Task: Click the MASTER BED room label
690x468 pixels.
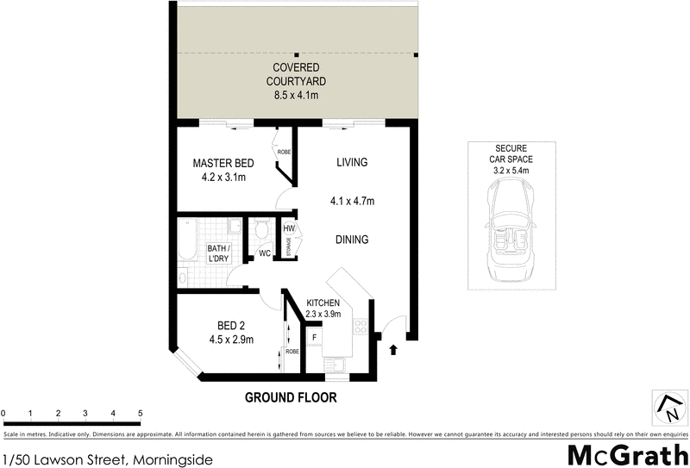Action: click(x=223, y=163)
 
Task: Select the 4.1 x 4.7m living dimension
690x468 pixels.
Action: click(x=352, y=202)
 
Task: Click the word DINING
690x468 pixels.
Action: click(x=352, y=240)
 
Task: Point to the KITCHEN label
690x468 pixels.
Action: click(x=323, y=303)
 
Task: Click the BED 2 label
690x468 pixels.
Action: click(x=231, y=326)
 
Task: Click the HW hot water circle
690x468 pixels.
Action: click(x=289, y=229)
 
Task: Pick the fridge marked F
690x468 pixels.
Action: click(x=314, y=337)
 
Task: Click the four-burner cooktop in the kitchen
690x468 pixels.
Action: click(x=361, y=328)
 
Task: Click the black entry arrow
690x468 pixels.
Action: click(x=394, y=350)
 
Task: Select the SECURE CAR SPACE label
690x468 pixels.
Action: click(x=511, y=159)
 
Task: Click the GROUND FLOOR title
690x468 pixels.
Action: click(x=290, y=398)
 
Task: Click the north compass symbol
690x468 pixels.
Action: click(x=667, y=406)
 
